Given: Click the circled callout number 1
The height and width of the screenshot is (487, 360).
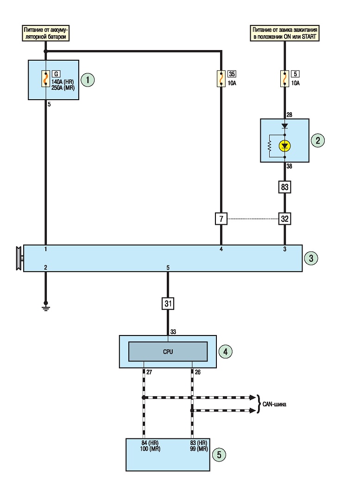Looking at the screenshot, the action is [x=88, y=80].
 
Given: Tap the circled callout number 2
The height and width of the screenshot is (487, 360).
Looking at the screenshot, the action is [x=318, y=140].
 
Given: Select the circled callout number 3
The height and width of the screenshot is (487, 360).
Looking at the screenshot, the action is [x=311, y=259].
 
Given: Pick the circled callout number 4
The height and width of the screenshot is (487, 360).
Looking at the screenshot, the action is [x=226, y=352].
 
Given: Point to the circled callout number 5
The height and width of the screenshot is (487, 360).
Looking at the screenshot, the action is [x=219, y=455].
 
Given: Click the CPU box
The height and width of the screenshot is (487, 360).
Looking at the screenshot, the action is [x=168, y=352].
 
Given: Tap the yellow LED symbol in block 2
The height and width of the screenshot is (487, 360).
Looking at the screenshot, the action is [x=285, y=145].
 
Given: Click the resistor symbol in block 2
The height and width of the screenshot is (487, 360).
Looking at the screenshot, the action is [x=270, y=146].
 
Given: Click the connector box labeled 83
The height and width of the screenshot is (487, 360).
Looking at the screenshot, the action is [x=284, y=187].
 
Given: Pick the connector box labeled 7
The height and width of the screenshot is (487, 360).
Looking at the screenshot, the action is [x=221, y=219].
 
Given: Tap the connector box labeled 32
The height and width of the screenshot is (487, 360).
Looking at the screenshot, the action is [x=284, y=219].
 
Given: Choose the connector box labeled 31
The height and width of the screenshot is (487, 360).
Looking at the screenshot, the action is [x=168, y=304].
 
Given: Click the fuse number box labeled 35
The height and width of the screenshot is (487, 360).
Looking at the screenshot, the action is [x=232, y=74].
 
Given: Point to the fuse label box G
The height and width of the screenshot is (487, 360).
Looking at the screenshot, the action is [x=56, y=74].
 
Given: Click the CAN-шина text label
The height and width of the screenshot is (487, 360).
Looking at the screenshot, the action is [x=274, y=404].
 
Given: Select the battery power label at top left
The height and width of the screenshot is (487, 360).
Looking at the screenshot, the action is [x=46, y=33].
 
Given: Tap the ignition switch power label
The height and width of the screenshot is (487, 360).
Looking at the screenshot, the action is [x=284, y=33].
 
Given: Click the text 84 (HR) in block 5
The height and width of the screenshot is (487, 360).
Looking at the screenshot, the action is [x=150, y=443].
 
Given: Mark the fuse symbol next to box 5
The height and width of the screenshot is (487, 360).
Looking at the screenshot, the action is [x=284, y=79].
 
